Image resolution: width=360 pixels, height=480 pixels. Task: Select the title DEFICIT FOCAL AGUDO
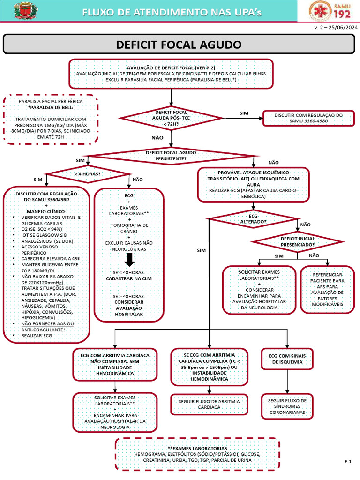point(178,45)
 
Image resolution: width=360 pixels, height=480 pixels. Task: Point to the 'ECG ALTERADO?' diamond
point(253,218)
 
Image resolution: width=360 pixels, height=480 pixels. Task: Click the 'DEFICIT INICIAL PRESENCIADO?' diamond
point(297,241)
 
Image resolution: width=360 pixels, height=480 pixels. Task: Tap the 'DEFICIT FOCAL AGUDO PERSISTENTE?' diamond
point(171,156)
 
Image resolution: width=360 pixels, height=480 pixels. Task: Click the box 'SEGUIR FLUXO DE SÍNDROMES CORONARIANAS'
point(287,406)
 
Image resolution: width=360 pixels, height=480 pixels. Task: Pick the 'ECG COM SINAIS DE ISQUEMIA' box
point(285,359)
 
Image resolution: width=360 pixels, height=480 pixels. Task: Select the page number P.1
point(348,462)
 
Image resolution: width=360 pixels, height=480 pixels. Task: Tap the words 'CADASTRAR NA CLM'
point(129,278)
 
